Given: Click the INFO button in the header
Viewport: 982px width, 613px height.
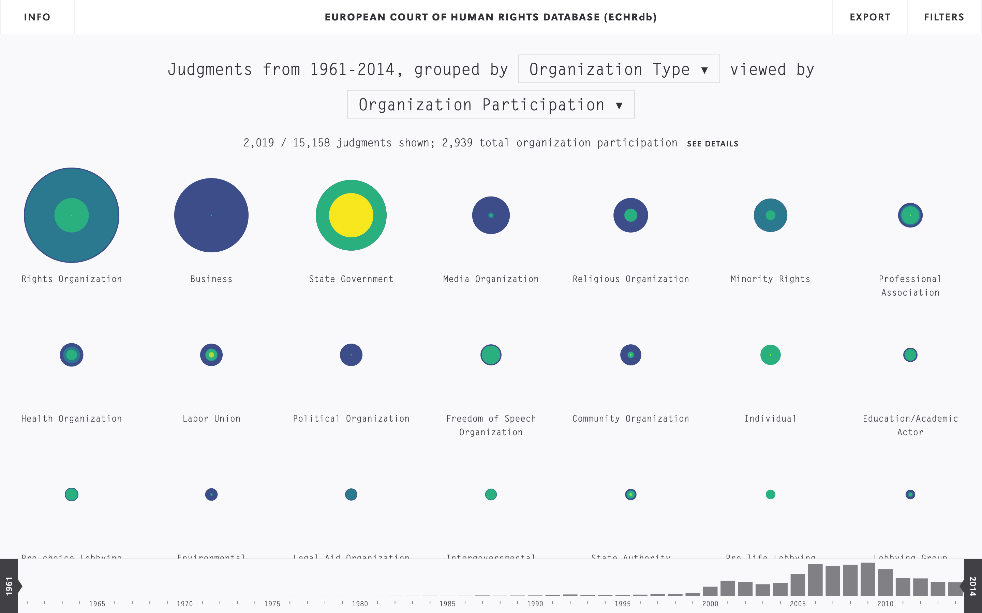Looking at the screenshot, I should pyautogui.click(x=37, y=17).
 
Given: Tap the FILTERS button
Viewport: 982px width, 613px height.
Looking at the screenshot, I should pyautogui.click(x=944, y=17).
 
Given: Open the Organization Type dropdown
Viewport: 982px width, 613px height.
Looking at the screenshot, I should pyautogui.click(x=619, y=69).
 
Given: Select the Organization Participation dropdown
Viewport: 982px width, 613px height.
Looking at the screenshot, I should pyautogui.click(x=491, y=105).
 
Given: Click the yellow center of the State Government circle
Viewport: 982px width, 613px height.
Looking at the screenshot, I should pyautogui.click(x=351, y=215).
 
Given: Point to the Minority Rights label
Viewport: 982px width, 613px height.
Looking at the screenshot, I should pyautogui.click(x=770, y=279).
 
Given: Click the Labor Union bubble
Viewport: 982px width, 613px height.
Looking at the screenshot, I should pyautogui.click(x=211, y=355).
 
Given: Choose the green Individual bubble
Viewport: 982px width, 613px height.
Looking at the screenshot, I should pyautogui.click(x=770, y=355).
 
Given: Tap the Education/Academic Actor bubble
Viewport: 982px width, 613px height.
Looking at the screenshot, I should pyautogui.click(x=910, y=355).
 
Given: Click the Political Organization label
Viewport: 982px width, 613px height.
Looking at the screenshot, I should pyautogui.click(x=351, y=419).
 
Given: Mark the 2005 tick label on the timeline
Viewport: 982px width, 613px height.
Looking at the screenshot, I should pyautogui.click(x=798, y=604).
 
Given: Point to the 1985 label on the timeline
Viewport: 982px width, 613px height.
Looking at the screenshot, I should pyautogui.click(x=447, y=604).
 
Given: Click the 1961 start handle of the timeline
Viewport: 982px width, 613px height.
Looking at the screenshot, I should pyautogui.click(x=9, y=586).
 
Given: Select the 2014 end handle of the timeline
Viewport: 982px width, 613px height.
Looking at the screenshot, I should pyautogui.click(x=973, y=586).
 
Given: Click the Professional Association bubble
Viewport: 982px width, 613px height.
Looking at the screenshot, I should pyautogui.click(x=910, y=215).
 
